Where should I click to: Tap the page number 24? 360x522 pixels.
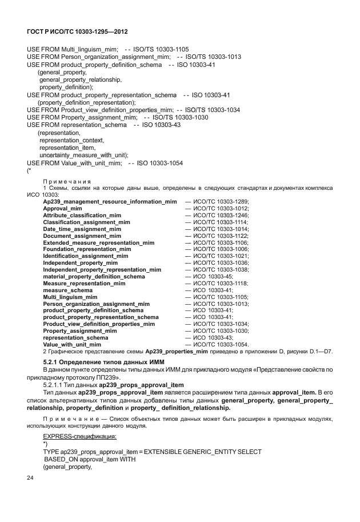click(x=31, y=477)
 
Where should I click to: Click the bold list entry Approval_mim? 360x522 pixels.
click(x=62, y=209)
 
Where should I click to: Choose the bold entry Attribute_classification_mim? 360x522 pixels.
click(x=82, y=216)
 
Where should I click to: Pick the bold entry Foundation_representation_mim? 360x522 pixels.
click(x=87, y=249)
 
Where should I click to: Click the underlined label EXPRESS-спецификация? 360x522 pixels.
click(x=80, y=436)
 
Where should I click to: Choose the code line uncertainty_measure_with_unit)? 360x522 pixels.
click(x=83, y=155)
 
